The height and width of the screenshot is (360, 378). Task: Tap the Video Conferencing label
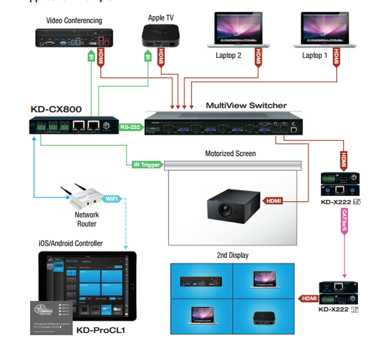click(x=74, y=21)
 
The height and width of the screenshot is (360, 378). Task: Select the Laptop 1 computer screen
click(x=325, y=28)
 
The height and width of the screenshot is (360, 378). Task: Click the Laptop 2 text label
click(x=228, y=56)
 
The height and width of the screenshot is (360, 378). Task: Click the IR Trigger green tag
click(x=147, y=165)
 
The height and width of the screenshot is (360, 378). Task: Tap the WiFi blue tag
click(x=112, y=199)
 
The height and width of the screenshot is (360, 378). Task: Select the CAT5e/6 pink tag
click(x=344, y=221)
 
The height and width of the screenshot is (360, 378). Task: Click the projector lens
click(x=225, y=209)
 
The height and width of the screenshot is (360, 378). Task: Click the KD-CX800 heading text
click(x=56, y=110)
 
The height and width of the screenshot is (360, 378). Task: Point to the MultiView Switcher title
click(x=246, y=105)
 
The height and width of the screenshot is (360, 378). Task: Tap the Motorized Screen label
click(x=230, y=154)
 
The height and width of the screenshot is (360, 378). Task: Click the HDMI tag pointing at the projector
click(x=273, y=201)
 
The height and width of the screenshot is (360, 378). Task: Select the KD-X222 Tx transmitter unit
click(x=340, y=184)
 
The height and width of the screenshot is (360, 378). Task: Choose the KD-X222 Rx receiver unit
click(x=339, y=293)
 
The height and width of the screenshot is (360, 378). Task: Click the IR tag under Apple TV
click(x=148, y=57)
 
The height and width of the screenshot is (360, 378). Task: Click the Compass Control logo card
click(x=51, y=318)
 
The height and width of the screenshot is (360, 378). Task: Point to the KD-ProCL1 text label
click(x=100, y=330)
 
